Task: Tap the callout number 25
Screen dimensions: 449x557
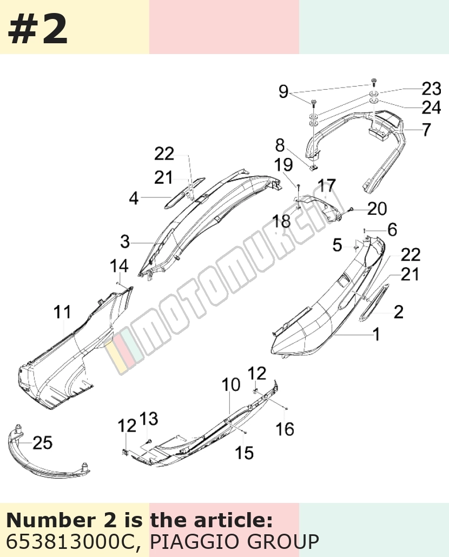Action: [x=43, y=442]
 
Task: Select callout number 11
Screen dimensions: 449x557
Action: [x=62, y=312]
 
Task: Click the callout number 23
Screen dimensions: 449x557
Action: [x=432, y=89]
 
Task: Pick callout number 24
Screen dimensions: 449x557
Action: [x=432, y=107]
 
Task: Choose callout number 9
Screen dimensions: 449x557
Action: [x=283, y=91]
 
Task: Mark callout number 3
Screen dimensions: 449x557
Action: [x=125, y=242]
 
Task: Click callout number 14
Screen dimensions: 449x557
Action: [x=119, y=266]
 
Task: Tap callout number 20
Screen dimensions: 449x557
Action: [x=377, y=209]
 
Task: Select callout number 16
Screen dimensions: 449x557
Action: [x=285, y=429]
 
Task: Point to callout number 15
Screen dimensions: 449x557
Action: [x=245, y=453]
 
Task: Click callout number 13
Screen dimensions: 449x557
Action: [x=149, y=419]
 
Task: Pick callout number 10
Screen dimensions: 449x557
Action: [x=231, y=384]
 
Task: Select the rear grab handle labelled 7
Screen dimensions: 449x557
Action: [x=355, y=149]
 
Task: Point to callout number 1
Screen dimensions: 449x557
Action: [x=376, y=334]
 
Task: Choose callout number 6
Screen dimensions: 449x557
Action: [x=392, y=230]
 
